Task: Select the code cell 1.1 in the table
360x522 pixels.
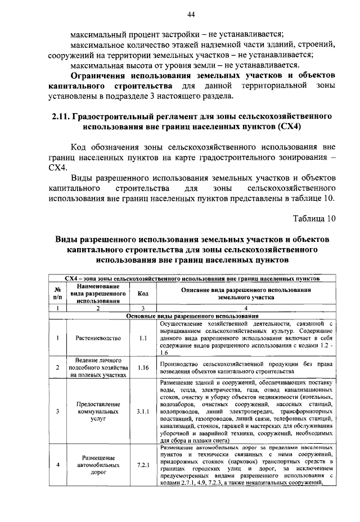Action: coord(143,338)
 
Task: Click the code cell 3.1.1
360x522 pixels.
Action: coord(143,411)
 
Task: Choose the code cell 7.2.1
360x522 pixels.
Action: coord(143,465)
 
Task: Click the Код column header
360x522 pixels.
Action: coord(143,294)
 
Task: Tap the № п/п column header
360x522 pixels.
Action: coord(57,294)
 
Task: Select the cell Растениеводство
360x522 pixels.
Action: coord(98,338)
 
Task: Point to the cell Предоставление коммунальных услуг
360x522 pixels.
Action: coord(98,411)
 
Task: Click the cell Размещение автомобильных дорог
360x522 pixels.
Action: coord(98,465)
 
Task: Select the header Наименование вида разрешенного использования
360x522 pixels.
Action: coord(98,294)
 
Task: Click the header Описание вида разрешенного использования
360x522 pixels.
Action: coord(246,294)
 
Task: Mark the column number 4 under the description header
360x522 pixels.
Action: coord(246,308)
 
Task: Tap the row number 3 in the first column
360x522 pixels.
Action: coord(57,411)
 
